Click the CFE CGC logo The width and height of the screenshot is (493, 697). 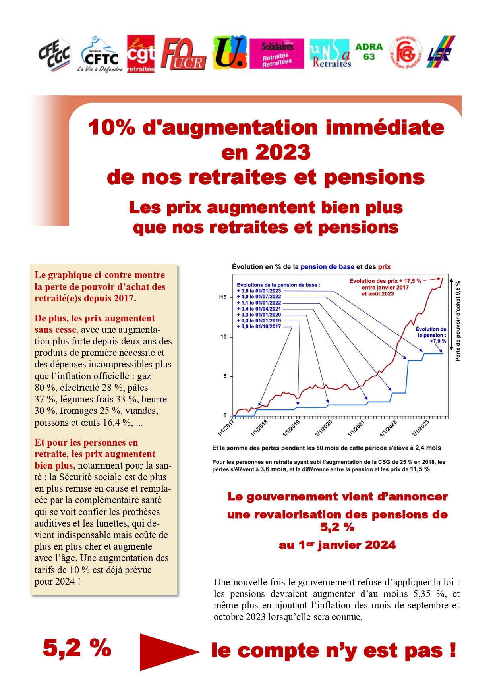(x=54, y=55)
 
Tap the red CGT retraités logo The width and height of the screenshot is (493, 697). (x=141, y=54)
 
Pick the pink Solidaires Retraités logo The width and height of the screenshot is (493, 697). (x=277, y=54)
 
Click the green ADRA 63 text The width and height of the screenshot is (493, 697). (x=369, y=52)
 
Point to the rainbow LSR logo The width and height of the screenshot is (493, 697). (x=441, y=52)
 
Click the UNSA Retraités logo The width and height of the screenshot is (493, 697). (x=331, y=54)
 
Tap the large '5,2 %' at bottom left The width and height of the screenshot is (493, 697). (x=77, y=648)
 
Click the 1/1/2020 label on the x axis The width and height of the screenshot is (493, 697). (x=323, y=429)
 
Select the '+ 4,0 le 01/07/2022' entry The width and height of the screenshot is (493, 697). (x=259, y=297)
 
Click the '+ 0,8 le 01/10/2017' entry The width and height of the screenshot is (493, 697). (x=259, y=326)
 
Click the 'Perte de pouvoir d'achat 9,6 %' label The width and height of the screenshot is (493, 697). (x=458, y=321)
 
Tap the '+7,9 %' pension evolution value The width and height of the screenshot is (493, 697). (x=438, y=341)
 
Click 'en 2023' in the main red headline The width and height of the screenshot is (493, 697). (x=266, y=153)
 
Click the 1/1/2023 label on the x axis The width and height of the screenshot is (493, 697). (x=420, y=429)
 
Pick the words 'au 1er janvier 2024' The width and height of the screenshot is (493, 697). (x=337, y=545)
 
